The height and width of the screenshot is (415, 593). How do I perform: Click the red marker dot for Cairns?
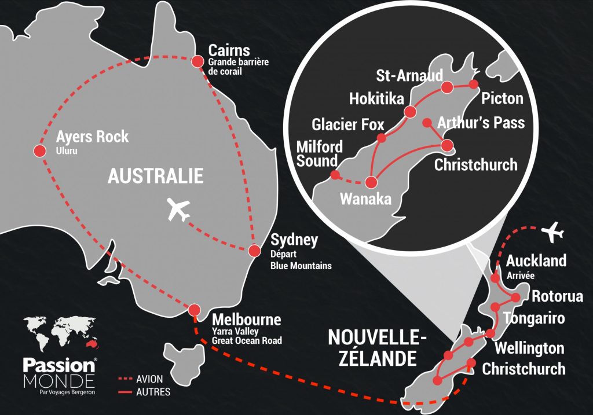click(x=197, y=61)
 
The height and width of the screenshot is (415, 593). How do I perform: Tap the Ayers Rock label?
click(x=92, y=138)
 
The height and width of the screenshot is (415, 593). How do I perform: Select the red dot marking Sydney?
click(x=254, y=251)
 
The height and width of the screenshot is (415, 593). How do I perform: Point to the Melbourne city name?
click(x=246, y=319)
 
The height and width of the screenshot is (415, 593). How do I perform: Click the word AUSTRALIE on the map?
click(x=155, y=176)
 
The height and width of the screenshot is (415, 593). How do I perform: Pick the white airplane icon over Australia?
click(x=178, y=210)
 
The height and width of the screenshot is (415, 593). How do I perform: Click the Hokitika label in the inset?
click(x=376, y=99)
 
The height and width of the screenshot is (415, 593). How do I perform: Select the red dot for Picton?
click(x=473, y=85)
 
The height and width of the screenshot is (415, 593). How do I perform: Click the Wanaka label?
click(x=365, y=199)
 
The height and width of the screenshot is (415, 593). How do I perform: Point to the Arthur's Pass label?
click(x=481, y=123)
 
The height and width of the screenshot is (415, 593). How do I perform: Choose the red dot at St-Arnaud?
click(x=446, y=87)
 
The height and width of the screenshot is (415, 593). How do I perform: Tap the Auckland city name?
click(x=536, y=261)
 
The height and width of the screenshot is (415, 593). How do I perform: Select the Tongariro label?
click(x=533, y=318)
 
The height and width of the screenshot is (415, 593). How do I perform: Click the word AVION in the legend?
click(x=149, y=380)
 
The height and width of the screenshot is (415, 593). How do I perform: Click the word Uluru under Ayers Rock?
click(x=66, y=151)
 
